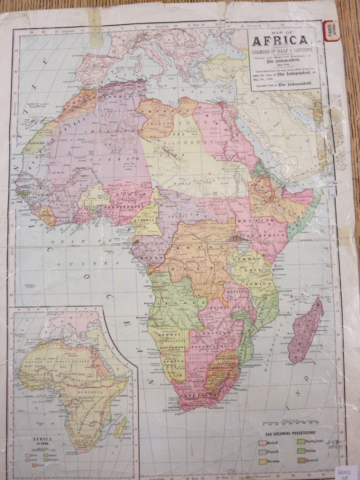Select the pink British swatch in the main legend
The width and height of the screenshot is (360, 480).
click(263, 442)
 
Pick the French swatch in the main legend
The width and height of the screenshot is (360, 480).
click(263, 452)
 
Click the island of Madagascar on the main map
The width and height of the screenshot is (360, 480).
click(305, 330)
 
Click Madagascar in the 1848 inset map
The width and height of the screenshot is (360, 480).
click(120, 427)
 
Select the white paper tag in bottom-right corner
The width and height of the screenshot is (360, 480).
click(346, 472)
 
